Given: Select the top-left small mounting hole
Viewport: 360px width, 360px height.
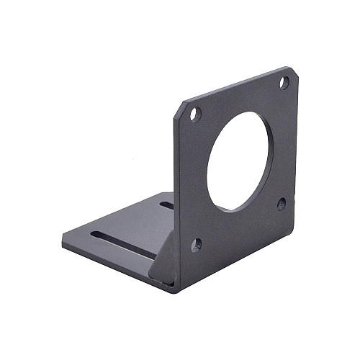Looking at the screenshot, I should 195,113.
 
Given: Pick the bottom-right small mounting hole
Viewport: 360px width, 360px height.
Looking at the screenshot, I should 282,204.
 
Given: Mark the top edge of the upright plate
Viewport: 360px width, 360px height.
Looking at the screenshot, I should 238,84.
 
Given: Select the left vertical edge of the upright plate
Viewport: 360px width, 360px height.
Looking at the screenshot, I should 175,194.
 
